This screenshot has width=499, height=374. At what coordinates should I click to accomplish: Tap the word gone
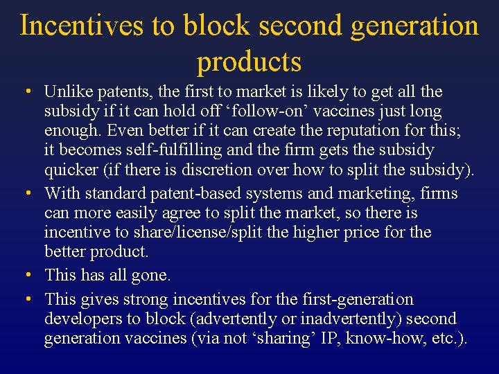pyautogui.click(x=150, y=275)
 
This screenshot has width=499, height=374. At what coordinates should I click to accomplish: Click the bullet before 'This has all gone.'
pyautogui.click(x=26, y=275)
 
